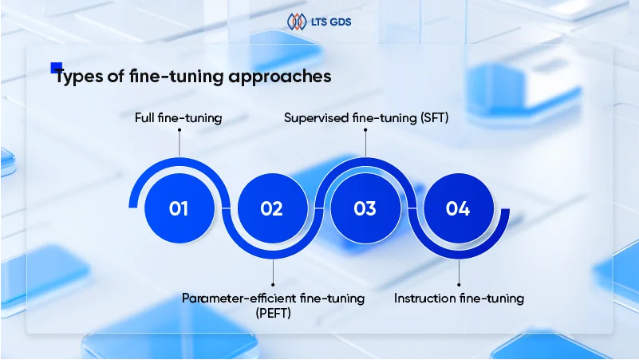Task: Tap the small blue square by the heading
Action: (x=56, y=68)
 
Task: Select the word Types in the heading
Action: (x=76, y=77)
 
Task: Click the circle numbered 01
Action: (x=179, y=209)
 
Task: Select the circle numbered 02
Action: (x=272, y=209)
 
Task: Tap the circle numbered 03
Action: (x=365, y=209)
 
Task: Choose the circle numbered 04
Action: (x=458, y=209)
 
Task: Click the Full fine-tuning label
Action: (x=179, y=118)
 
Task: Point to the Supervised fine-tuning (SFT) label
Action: (x=366, y=118)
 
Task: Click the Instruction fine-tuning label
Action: (x=459, y=299)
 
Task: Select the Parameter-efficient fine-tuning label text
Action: (x=273, y=299)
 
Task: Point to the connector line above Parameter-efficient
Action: (x=273, y=273)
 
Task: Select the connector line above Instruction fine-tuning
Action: (x=459, y=273)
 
